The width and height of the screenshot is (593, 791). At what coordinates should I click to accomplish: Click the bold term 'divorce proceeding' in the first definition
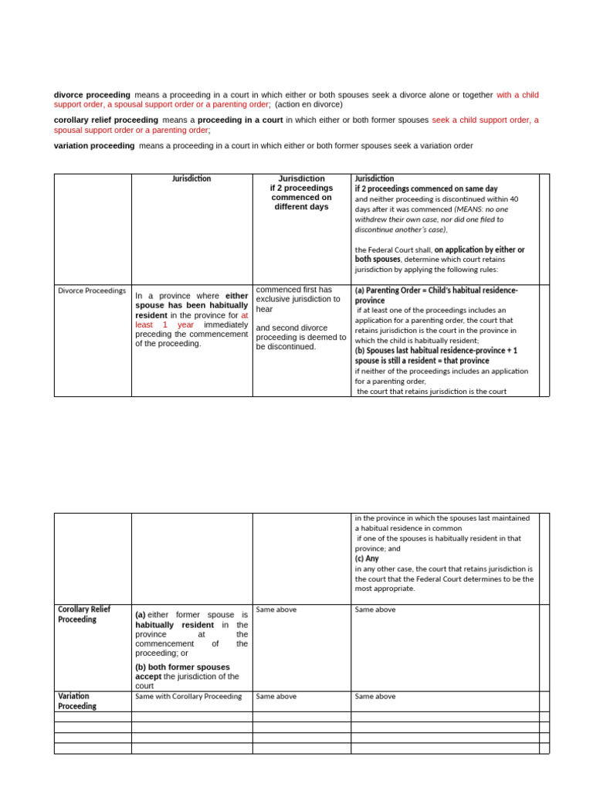(x=92, y=95)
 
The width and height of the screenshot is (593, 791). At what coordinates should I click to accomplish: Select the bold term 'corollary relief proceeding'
(x=106, y=121)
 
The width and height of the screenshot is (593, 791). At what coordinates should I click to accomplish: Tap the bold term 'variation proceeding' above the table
(x=94, y=146)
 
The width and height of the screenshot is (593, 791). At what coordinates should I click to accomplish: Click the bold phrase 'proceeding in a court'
(x=240, y=121)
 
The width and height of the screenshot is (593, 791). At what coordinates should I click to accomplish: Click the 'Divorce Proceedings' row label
(x=92, y=290)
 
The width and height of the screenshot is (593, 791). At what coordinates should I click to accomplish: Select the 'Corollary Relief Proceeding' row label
(x=84, y=614)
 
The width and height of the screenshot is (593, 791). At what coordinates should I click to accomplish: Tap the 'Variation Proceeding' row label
(x=77, y=701)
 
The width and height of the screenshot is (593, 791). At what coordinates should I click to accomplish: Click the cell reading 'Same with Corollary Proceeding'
(x=188, y=696)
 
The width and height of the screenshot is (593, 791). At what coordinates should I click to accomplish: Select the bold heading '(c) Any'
(x=367, y=558)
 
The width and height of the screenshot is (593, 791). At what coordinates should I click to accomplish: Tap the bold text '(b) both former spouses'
(x=182, y=667)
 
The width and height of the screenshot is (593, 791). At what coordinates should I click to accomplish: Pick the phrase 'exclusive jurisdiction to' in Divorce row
(x=297, y=299)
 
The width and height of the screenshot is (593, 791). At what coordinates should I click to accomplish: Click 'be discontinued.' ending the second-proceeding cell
(x=285, y=347)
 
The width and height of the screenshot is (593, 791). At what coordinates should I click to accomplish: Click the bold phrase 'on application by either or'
(x=479, y=250)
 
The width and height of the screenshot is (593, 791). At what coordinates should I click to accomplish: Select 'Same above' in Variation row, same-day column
(x=374, y=696)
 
